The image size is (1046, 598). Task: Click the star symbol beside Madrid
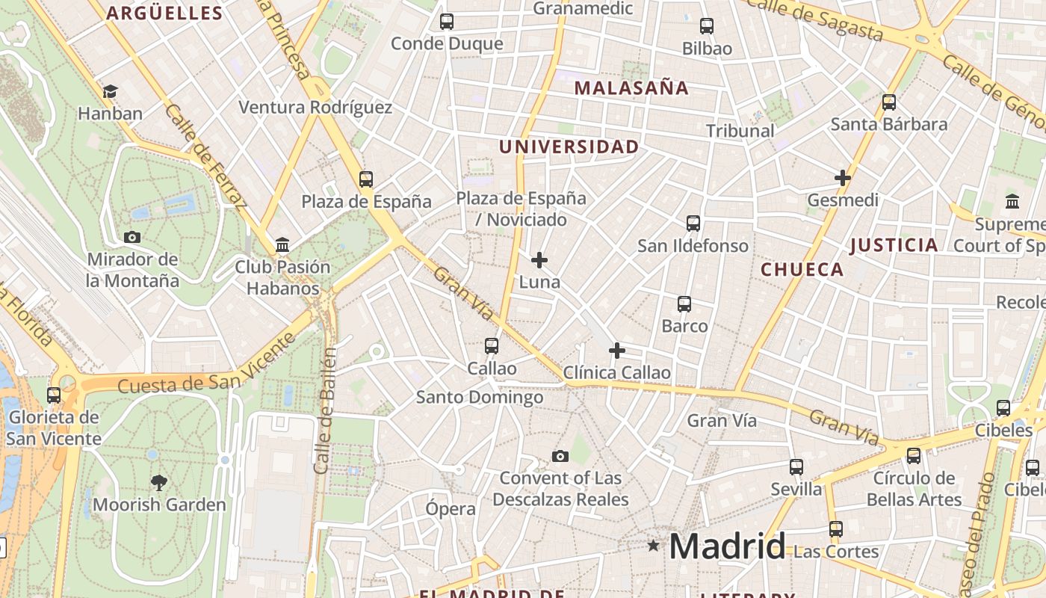(654, 546)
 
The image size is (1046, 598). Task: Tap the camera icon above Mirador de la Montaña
(132, 238)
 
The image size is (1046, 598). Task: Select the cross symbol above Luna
(539, 260)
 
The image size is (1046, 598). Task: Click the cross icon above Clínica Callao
(617, 350)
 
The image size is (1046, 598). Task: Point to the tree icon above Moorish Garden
(158, 482)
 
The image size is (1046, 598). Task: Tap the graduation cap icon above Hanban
(111, 91)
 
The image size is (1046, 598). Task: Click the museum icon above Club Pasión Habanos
(282, 244)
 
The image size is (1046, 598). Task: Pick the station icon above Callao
(492, 346)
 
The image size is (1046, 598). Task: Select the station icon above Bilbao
(707, 26)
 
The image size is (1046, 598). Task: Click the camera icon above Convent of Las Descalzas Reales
(560, 456)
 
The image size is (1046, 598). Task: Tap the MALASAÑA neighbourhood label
(631, 88)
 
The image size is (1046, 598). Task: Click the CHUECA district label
(802, 270)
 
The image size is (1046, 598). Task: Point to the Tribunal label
(740, 131)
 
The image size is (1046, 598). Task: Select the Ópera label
(451, 509)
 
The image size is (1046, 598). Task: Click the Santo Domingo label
(480, 397)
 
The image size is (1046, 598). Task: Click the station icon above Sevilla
(796, 467)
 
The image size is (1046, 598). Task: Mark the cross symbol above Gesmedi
(843, 178)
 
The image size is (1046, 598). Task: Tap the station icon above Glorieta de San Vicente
(54, 395)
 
